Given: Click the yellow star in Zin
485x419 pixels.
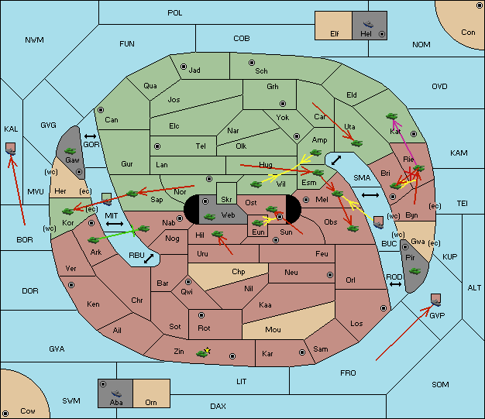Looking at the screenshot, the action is click(208, 351).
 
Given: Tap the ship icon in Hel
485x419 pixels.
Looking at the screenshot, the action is click(368, 24).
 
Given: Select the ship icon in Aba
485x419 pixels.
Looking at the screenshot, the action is click(117, 393).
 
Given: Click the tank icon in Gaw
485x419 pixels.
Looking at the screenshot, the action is click(71, 151).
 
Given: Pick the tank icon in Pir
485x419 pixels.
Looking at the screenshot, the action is click(414, 271).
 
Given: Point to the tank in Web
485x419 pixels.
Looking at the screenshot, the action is click(209, 217).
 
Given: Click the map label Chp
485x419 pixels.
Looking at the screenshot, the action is click(239, 272).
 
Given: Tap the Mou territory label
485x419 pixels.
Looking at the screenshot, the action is click(273, 330).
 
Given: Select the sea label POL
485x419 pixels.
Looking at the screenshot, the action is click(175, 13).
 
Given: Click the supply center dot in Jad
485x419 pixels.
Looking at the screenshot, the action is click(184, 67).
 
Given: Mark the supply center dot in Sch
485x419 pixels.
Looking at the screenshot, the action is click(252, 63).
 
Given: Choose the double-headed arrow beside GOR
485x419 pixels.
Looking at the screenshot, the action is click(91, 136).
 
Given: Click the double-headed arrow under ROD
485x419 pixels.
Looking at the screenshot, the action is click(395, 284).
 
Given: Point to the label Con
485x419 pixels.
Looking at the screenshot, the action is click(468, 33).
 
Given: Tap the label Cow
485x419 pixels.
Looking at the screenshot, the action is click(28, 411).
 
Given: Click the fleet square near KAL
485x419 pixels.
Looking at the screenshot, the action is click(11, 149).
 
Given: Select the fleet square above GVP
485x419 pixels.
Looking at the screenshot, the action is click(436, 300).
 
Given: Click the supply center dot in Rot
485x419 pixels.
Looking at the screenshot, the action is click(201, 315).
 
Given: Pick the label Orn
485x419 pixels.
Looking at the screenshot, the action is click(151, 402).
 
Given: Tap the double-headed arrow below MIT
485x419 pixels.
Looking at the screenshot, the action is click(115, 224).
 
